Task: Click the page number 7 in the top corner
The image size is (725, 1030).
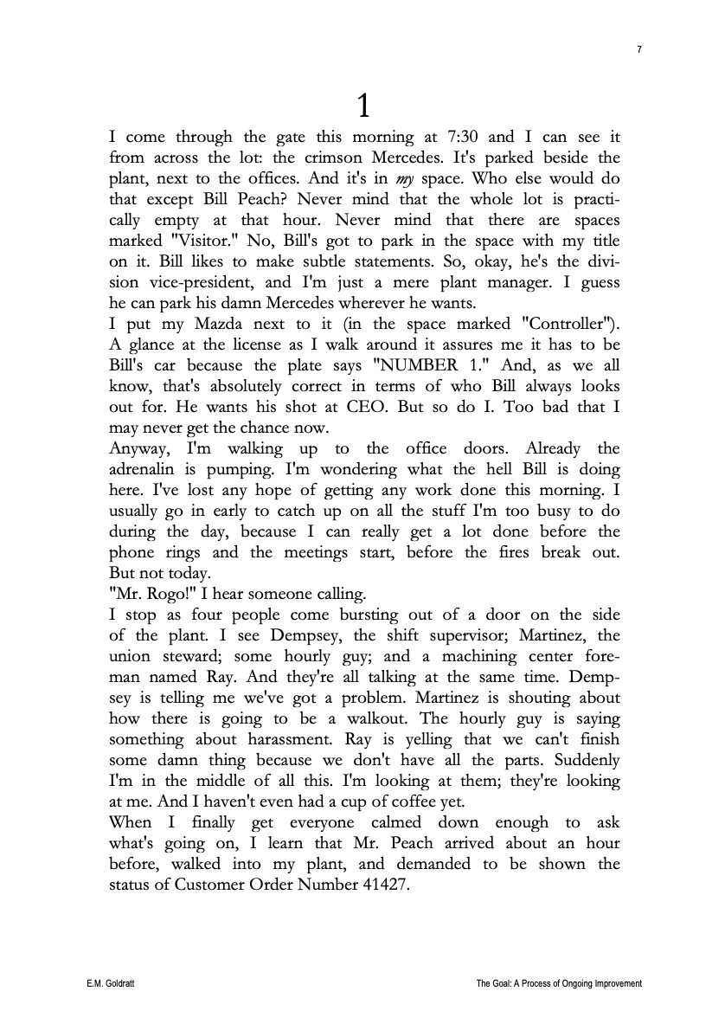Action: [638, 50]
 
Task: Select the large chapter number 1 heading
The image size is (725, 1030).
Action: [364, 106]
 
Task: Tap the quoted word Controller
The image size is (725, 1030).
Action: [570, 324]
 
